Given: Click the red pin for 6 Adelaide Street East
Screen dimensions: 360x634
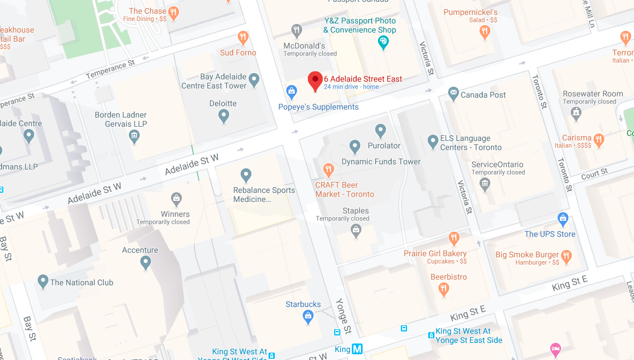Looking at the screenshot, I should point(315,81).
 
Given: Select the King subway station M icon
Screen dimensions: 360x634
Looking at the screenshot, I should point(357,349).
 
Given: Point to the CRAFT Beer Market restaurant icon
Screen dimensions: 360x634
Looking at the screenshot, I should point(328,169).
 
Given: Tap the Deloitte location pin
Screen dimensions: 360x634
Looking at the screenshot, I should point(223,116).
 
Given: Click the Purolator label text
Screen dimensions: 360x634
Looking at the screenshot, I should point(384,145).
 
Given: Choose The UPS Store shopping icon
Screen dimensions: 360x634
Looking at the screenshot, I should point(563,218).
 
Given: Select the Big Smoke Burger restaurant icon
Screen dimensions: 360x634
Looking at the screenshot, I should point(566,255).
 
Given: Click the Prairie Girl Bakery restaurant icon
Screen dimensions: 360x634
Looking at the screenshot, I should point(454,237).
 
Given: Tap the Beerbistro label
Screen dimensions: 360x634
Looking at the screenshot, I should point(448,277).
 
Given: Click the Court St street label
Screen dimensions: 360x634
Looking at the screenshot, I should point(594,174).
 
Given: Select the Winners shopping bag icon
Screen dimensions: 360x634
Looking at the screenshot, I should point(176,199).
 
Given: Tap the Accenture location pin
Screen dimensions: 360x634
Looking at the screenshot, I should point(145,262).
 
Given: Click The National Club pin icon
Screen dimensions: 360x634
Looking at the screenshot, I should point(43,281).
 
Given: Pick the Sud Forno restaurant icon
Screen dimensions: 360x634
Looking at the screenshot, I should point(243,38).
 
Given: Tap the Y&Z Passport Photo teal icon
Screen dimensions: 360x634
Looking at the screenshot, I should point(384,42).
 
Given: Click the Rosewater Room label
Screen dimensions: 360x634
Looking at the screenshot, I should point(592,94).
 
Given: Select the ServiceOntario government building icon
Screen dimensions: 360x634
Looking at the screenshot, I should point(485,183).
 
